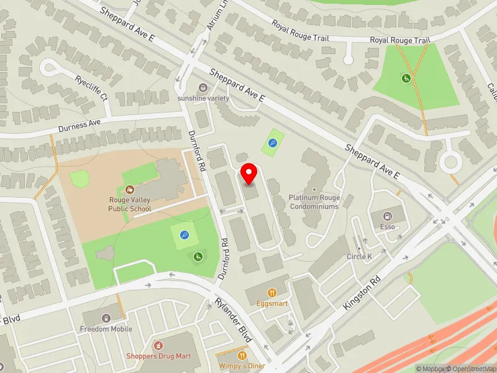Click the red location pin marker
[249, 173]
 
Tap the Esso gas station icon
[388, 216]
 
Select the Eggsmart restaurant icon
[271, 293]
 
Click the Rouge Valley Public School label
[130, 205]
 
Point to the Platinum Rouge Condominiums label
[314, 202]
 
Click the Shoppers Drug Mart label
[158, 356]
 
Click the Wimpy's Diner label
[243, 366]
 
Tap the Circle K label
[359, 256]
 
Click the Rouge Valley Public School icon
[130, 189]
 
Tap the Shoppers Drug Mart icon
[158, 345]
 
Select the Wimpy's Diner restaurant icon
[226, 354]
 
